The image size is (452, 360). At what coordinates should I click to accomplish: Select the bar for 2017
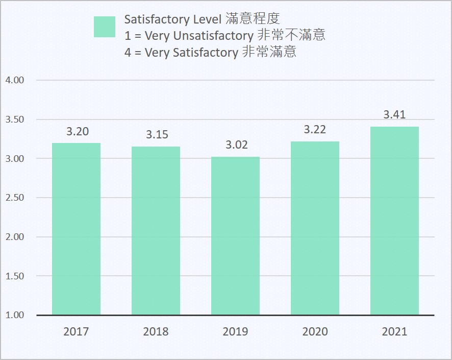point(76,229)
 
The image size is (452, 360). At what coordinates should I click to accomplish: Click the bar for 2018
point(156,231)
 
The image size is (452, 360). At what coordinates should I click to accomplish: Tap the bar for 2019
point(235,236)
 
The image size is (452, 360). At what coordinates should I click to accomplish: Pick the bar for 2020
point(315,228)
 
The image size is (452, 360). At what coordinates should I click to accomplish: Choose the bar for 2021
point(394,221)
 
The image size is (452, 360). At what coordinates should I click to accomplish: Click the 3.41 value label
point(394,114)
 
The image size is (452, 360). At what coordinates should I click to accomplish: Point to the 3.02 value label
point(236,145)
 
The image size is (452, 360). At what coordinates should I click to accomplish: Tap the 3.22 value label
point(315,130)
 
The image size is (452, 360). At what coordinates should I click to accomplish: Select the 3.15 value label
point(157,135)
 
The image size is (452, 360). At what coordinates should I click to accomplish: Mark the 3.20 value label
point(77,132)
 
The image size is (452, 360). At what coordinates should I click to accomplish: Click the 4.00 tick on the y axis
point(15,81)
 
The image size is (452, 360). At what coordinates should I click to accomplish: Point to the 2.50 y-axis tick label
point(15,198)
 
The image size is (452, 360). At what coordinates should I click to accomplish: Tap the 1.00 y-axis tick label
point(15,315)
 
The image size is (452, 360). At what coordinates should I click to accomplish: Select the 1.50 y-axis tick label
point(15,276)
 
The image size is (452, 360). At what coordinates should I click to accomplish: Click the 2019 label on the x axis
point(235,332)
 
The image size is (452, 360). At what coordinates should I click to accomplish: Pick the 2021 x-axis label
point(394,332)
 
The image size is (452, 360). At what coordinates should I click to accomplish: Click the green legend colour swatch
point(105,27)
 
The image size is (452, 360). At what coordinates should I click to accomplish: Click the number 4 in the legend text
point(128,53)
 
